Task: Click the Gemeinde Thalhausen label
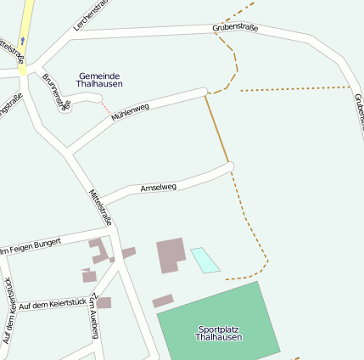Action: pos(99,80)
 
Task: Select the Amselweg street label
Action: pos(158,187)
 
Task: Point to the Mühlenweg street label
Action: pos(130,111)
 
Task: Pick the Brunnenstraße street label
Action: pos(56,90)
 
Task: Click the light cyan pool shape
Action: pos(204,259)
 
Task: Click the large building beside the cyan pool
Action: pos(171,254)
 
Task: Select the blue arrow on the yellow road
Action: pos(22,40)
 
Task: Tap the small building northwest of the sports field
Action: pos(162,301)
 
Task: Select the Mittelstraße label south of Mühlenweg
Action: pos(100,207)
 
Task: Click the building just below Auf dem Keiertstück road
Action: pos(104,302)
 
